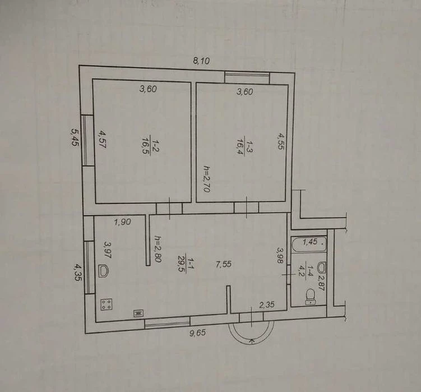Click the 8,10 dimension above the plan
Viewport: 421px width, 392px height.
point(201,61)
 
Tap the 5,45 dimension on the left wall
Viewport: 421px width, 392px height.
point(75,137)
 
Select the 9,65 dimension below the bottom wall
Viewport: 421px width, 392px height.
point(198,333)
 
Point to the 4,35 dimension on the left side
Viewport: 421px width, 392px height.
point(77,273)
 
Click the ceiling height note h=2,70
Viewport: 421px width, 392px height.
point(206,179)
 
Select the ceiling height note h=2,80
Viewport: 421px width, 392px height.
point(158,249)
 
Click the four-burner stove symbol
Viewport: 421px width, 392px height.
point(107,305)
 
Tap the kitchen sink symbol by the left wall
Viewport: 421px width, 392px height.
point(103,271)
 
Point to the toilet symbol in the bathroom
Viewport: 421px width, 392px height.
point(311,297)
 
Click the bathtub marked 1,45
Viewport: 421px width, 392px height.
point(309,244)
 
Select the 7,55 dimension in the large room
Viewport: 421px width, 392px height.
point(223,264)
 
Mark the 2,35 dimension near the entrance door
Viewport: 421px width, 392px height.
point(267,305)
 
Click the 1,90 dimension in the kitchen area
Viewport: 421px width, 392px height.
point(122,222)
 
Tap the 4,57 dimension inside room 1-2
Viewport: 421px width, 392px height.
point(103,139)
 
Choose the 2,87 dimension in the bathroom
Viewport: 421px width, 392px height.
point(321,282)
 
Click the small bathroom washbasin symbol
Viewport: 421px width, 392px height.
point(321,267)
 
